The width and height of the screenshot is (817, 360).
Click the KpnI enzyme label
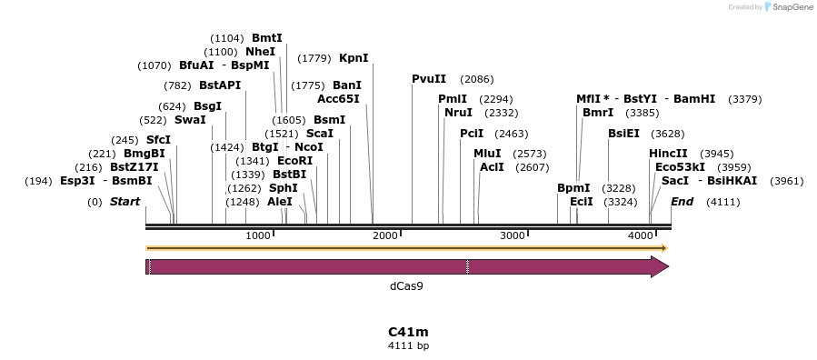[x=354, y=58]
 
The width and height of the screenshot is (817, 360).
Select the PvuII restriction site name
[x=429, y=79]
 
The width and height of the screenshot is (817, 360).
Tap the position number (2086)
[x=477, y=80]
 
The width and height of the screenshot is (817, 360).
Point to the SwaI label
[x=190, y=120]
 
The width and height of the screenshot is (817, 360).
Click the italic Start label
[x=125, y=202]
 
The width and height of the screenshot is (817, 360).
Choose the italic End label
[x=682, y=202]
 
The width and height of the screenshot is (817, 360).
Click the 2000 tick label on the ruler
[x=385, y=235]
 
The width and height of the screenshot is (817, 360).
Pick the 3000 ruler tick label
[x=513, y=235]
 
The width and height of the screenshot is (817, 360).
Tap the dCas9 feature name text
[x=406, y=286]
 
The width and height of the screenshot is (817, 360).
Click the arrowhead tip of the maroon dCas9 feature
[x=669, y=266]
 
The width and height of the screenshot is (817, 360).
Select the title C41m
[x=409, y=332]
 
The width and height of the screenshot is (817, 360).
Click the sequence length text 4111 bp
[x=409, y=346]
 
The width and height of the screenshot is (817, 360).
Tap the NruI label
[x=459, y=113]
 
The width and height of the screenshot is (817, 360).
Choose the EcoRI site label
[x=295, y=161]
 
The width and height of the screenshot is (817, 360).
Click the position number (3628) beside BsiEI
[x=668, y=135]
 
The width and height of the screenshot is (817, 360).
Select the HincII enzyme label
[x=668, y=154]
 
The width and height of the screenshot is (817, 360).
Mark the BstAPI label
[x=220, y=85]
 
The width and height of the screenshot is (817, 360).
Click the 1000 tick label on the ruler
[x=258, y=235]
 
